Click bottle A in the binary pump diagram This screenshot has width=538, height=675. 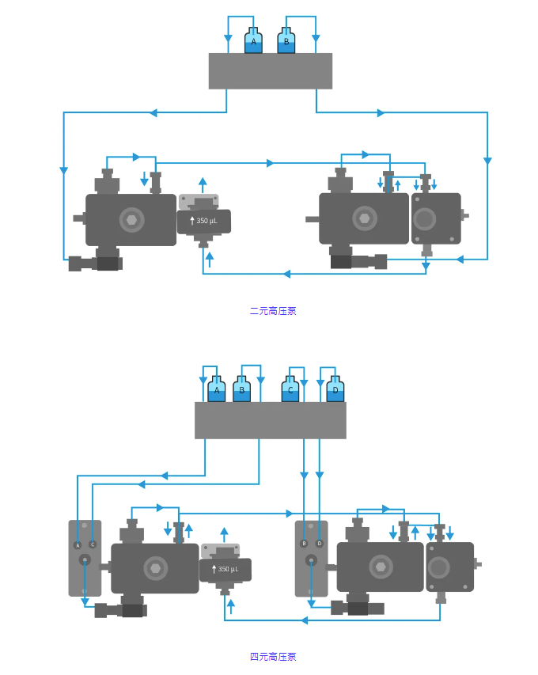point(253,42)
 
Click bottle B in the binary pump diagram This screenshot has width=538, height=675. point(286,42)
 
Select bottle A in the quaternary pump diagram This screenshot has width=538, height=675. point(217,390)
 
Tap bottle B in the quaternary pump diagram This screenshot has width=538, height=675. point(242,390)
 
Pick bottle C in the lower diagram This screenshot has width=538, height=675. point(291,390)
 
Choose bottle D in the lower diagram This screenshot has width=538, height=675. point(335,390)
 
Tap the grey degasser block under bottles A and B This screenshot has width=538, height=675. point(271,71)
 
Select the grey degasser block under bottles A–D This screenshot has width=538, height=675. point(271,420)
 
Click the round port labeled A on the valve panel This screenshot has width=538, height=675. point(78,544)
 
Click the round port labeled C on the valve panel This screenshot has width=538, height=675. point(93,544)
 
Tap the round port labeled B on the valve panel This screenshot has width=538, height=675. point(304,544)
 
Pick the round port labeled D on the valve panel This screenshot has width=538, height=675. point(320,544)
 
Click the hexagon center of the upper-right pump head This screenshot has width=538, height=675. point(364,218)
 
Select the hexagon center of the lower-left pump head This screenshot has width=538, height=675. point(155,567)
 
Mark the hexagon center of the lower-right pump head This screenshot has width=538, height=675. point(381,566)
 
